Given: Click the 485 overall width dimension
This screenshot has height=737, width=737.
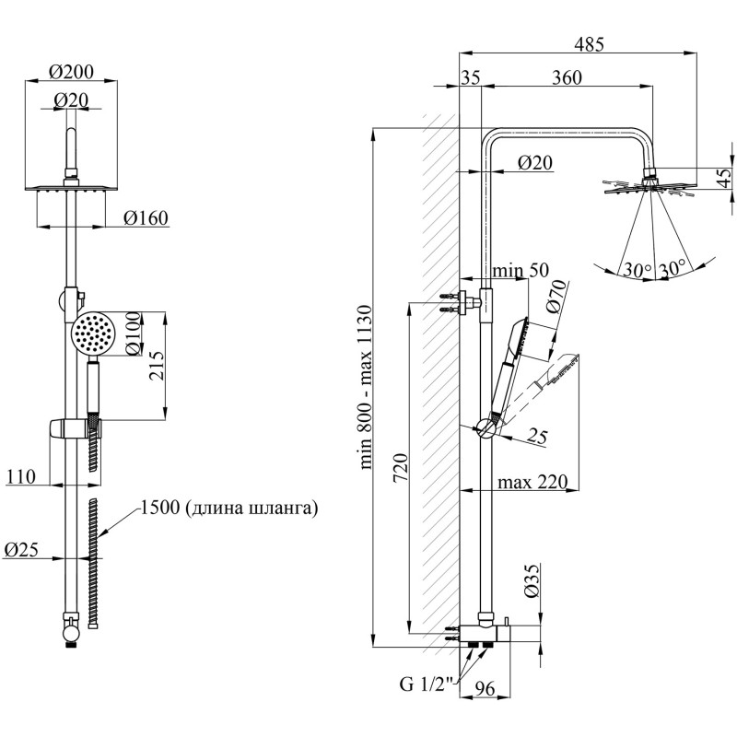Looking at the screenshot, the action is tap(589, 44).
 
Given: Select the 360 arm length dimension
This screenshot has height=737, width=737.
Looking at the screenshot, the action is tap(567, 77).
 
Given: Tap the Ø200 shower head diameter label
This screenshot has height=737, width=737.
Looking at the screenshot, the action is tap(71, 72).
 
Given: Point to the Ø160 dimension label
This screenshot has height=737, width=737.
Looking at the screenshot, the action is tap(146, 218).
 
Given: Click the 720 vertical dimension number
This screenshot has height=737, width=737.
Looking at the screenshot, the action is tap(401, 467).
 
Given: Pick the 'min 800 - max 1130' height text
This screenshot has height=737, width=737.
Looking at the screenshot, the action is tap(365, 387).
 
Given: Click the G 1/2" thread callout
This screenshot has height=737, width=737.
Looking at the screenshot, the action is tap(427, 684).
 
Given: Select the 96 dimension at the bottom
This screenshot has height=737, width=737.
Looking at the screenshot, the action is tap(485, 688).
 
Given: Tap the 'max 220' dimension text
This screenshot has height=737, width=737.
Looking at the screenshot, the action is tap(532, 482).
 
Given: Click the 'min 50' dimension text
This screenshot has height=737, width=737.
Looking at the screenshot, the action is tap(521, 270).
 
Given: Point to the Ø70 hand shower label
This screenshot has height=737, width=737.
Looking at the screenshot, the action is tap(556, 297).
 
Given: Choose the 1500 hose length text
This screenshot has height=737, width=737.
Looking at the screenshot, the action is tap(229, 508).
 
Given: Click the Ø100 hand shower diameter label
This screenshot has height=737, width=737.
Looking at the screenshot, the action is tap(133, 333).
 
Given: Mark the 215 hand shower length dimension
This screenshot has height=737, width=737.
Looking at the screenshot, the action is tap(157, 365).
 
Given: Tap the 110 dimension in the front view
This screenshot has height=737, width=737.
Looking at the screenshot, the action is tap(20, 476).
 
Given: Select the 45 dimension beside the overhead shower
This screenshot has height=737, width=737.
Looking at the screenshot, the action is tap(724, 178).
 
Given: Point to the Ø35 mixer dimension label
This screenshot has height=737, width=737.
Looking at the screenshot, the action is tap(532, 581).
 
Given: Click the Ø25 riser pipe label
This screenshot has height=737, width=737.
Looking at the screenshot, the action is tap(20, 549).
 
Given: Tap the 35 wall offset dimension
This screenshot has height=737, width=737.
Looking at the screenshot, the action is tap(471, 77).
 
